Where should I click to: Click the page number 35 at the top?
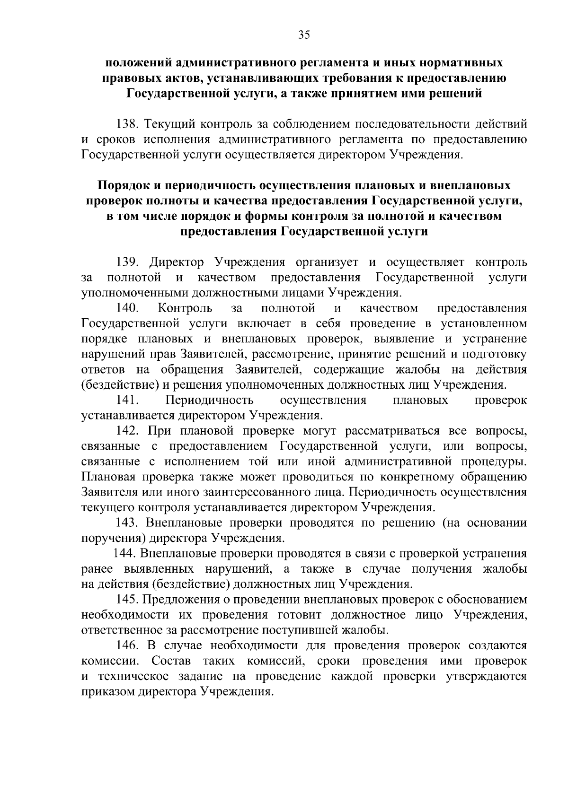pyautogui.click(x=303, y=35)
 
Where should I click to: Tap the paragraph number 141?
pyautogui.click(x=126, y=400)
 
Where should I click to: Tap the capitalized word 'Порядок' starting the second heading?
pyautogui.click(x=124, y=185)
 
